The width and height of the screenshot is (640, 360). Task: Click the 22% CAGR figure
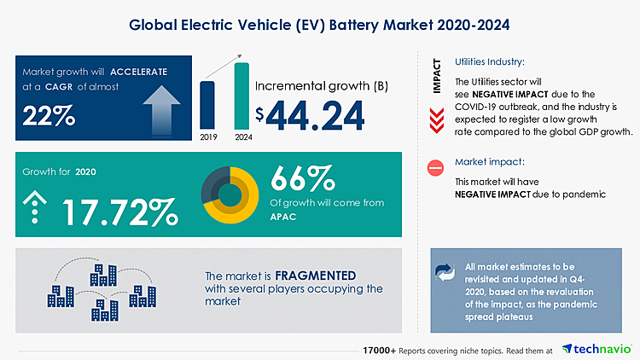(x=49, y=113)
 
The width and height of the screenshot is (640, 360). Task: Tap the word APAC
(x=286, y=218)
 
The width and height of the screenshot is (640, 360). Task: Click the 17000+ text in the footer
(x=375, y=350)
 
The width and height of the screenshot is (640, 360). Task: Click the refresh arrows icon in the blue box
(x=445, y=272)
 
